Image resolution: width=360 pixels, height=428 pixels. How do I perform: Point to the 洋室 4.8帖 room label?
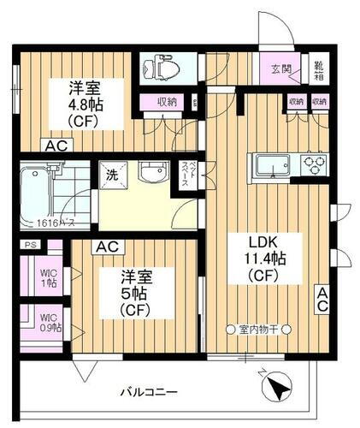[86, 103]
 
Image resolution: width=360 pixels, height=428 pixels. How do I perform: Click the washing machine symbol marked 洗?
[114, 173]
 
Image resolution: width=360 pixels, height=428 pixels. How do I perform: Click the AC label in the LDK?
[322, 300]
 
